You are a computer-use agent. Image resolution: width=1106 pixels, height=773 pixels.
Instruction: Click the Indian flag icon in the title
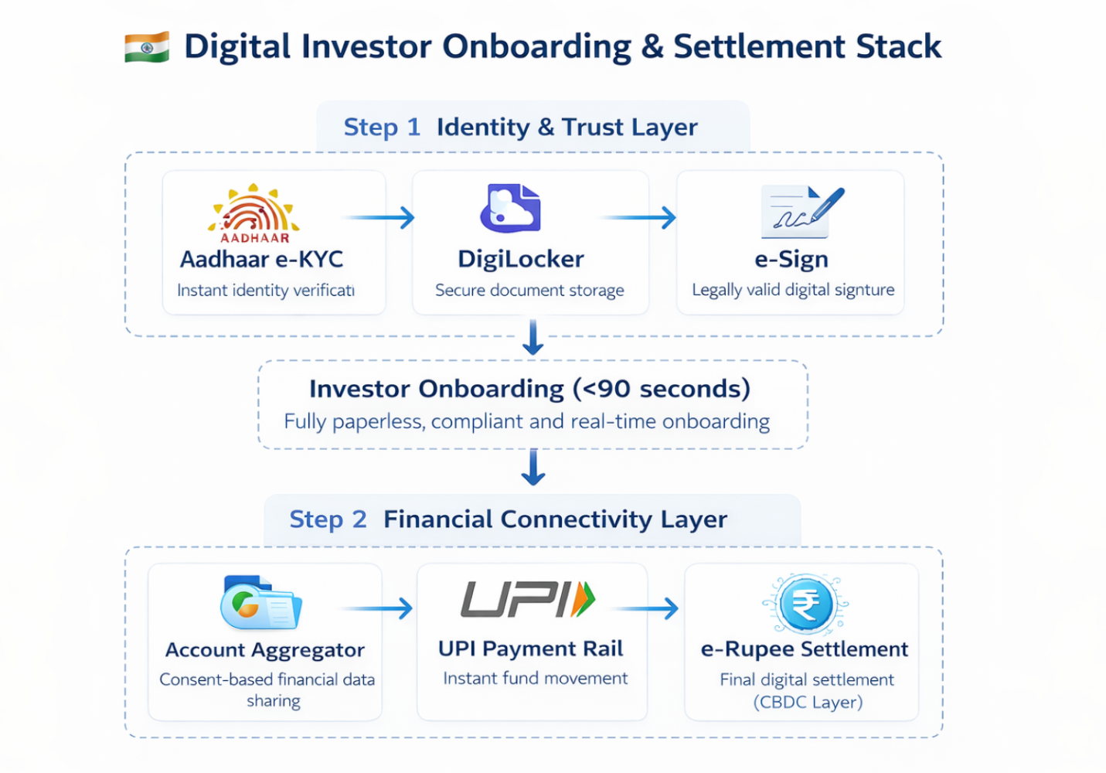147,47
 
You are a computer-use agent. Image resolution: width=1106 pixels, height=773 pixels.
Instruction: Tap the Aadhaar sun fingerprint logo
254,210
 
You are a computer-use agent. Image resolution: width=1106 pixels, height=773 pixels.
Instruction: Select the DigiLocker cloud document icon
510,209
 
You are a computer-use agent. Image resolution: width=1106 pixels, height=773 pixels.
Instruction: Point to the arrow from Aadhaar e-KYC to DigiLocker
379,218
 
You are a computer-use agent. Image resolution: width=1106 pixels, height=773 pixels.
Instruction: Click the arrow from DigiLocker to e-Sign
639,218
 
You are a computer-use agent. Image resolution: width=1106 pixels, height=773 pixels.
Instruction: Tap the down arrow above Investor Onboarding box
533,337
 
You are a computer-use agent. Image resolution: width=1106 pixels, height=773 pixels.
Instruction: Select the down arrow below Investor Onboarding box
533,467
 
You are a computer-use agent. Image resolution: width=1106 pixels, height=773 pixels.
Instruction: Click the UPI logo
529,600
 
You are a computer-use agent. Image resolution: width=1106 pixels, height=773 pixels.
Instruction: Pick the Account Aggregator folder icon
260,603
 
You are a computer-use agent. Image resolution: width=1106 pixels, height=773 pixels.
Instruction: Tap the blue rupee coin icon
805,604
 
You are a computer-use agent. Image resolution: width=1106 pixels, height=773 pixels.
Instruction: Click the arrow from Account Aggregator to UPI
378,609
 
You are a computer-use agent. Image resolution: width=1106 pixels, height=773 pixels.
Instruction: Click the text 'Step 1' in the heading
382,127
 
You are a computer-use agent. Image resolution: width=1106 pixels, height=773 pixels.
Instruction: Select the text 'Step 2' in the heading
328,519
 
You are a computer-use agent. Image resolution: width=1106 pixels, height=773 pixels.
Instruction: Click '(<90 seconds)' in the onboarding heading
662,389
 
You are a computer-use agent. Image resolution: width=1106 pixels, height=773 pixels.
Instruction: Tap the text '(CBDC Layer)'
808,702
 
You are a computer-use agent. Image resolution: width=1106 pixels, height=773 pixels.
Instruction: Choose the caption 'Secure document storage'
529,291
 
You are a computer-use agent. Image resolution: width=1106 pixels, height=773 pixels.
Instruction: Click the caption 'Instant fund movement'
535,679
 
